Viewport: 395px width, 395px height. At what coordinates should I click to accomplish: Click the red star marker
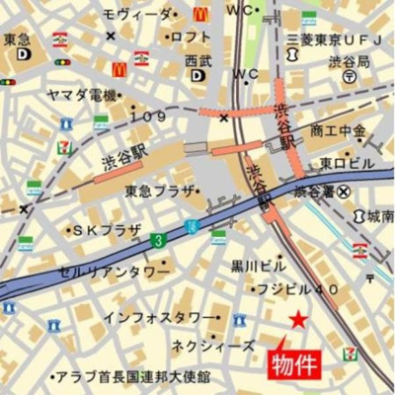pyautogui.click(x=298, y=318)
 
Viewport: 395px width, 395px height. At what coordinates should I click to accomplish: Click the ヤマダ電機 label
pyautogui.click(x=82, y=96)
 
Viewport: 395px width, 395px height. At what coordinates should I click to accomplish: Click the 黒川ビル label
pyautogui.click(x=258, y=266)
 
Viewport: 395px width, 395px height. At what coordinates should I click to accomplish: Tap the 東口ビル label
pyautogui.click(x=344, y=161)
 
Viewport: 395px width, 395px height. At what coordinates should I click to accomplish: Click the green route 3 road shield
pyautogui.click(x=157, y=240)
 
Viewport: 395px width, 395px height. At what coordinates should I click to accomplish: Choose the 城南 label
pyautogui.click(x=380, y=216)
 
